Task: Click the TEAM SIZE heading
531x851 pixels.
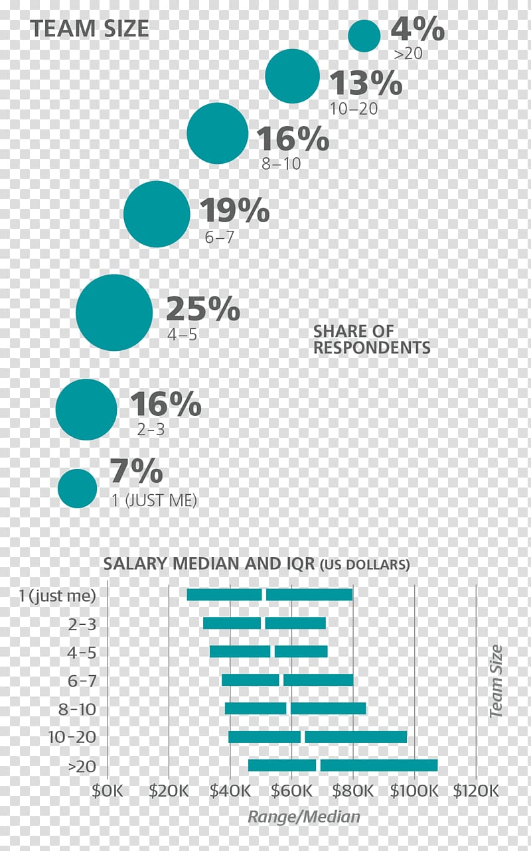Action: pos(90,29)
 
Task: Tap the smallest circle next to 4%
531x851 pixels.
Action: pos(364,36)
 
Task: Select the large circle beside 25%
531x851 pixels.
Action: pos(114,312)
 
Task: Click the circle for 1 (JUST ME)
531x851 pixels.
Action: pos(78,488)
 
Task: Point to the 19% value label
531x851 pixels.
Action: pos(234,211)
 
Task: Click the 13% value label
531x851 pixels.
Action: pos(366,84)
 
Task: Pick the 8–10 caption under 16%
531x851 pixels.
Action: pos(281,164)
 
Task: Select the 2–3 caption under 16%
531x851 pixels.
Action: pos(151,430)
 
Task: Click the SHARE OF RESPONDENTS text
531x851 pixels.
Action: pos(372,339)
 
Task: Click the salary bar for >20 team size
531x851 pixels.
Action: pos(342,765)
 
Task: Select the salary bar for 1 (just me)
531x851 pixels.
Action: pos(269,594)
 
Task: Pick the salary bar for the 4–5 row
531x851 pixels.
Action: pos(268,651)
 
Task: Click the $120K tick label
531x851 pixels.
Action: pos(475,791)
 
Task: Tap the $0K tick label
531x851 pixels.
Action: pos(108,791)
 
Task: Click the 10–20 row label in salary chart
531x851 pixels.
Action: pos(72,737)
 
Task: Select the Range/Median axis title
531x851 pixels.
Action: pos(304,817)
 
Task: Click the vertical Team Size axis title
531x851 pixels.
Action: pos(495,681)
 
